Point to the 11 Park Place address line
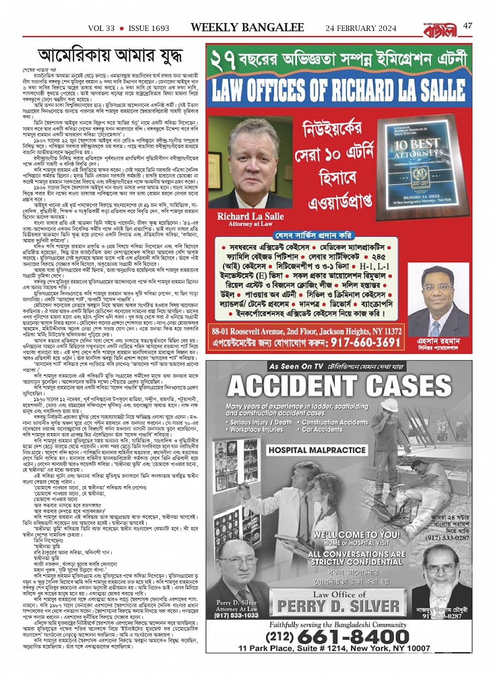click(x=334, y=648)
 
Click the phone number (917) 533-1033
click(x=237, y=615)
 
